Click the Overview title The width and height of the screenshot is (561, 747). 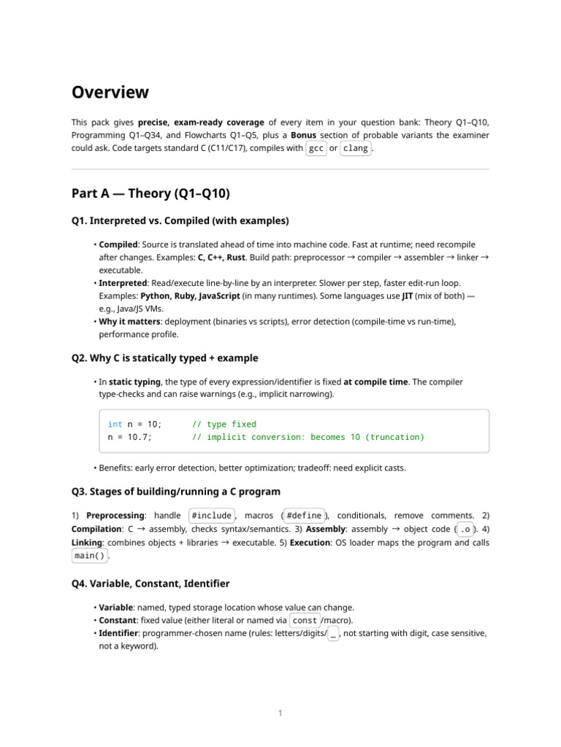point(110,93)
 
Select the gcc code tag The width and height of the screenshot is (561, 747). point(316,149)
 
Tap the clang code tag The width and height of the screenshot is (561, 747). point(355,149)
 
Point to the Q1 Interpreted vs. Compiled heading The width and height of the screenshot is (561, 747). point(180,221)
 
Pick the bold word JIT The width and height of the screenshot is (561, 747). point(410,295)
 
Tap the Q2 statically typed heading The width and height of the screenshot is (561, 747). point(164,358)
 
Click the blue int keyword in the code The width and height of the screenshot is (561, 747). point(115,424)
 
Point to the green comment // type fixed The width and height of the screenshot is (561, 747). point(224,424)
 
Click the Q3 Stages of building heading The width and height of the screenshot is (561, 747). point(175,491)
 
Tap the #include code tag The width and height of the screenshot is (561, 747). point(212,516)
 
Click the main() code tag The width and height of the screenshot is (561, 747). point(89,555)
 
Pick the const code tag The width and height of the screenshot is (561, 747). point(305,620)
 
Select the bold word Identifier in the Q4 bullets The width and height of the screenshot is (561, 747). point(121,633)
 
